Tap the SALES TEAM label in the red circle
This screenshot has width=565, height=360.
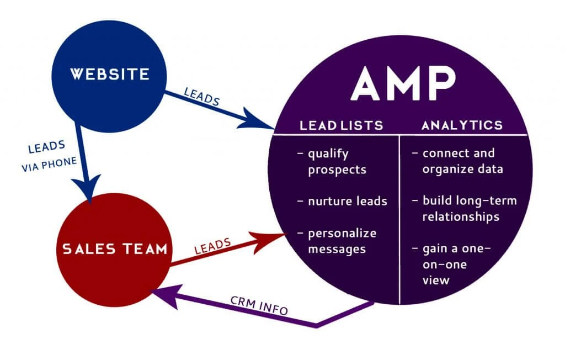point(114,249)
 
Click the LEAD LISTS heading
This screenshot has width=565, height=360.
point(341,125)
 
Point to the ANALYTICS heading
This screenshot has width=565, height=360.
point(462,125)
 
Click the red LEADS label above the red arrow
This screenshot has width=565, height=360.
point(212,245)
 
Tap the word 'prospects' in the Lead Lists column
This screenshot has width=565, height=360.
point(337,170)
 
